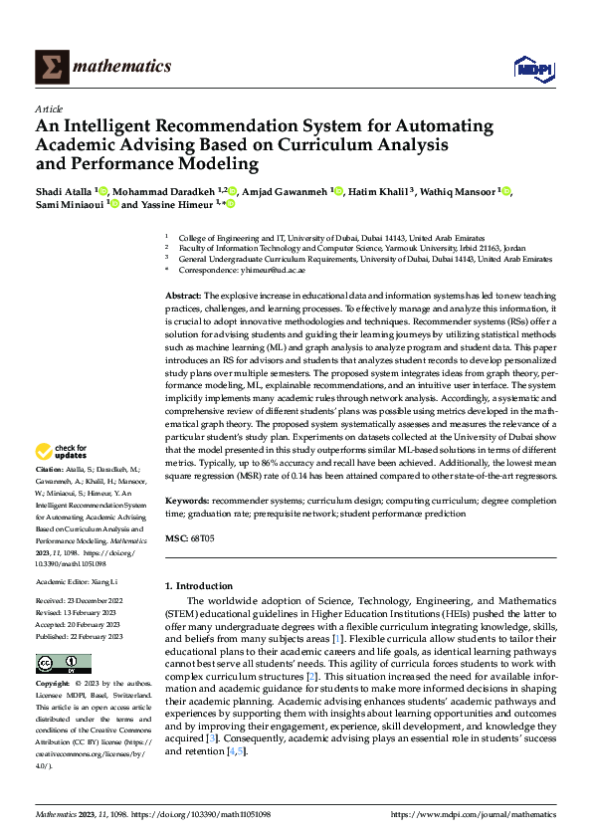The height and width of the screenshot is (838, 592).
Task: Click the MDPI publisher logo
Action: tap(530, 67)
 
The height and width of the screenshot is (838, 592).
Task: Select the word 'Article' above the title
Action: tap(49, 108)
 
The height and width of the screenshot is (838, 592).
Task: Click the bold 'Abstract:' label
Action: tap(183, 297)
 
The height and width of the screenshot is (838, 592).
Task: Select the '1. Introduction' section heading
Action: tap(199, 586)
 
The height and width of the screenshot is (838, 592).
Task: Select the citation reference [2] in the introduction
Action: tap(311, 676)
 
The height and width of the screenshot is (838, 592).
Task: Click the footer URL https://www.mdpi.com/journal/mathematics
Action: tap(474, 814)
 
